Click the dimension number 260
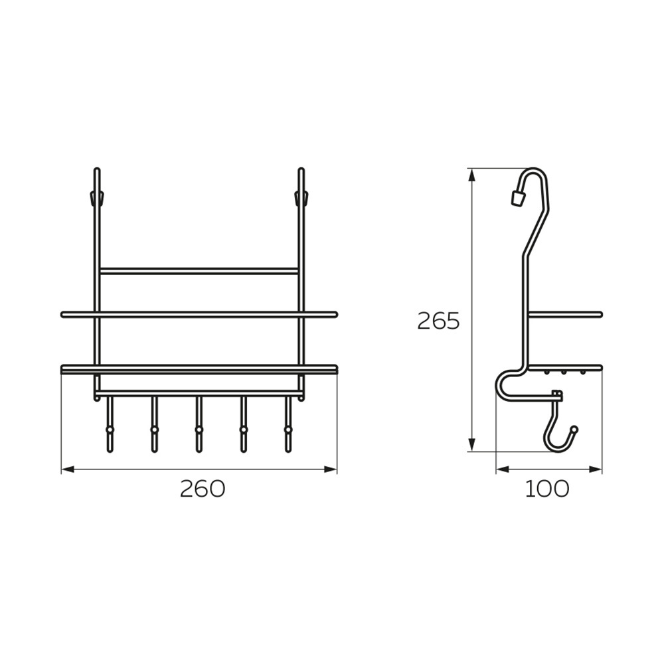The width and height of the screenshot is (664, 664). click(x=203, y=489)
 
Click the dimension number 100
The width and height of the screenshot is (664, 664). click(x=547, y=489)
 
